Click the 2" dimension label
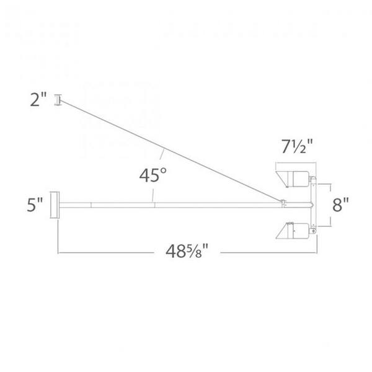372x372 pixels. point(38,100)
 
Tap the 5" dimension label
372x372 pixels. point(35,205)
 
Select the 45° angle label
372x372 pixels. point(153,175)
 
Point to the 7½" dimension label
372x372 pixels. point(297,146)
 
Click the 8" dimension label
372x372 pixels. point(340,205)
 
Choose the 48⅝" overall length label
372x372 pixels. point(187,251)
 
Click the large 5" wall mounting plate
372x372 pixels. point(55,205)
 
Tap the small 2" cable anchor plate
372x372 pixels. point(58,100)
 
